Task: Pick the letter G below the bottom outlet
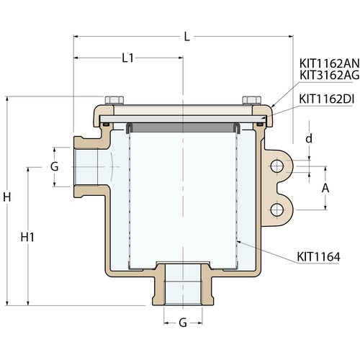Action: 183,323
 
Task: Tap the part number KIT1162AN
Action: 328,63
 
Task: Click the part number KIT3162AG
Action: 328,75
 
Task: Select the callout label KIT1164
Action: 318,255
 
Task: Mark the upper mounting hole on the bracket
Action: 276,167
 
